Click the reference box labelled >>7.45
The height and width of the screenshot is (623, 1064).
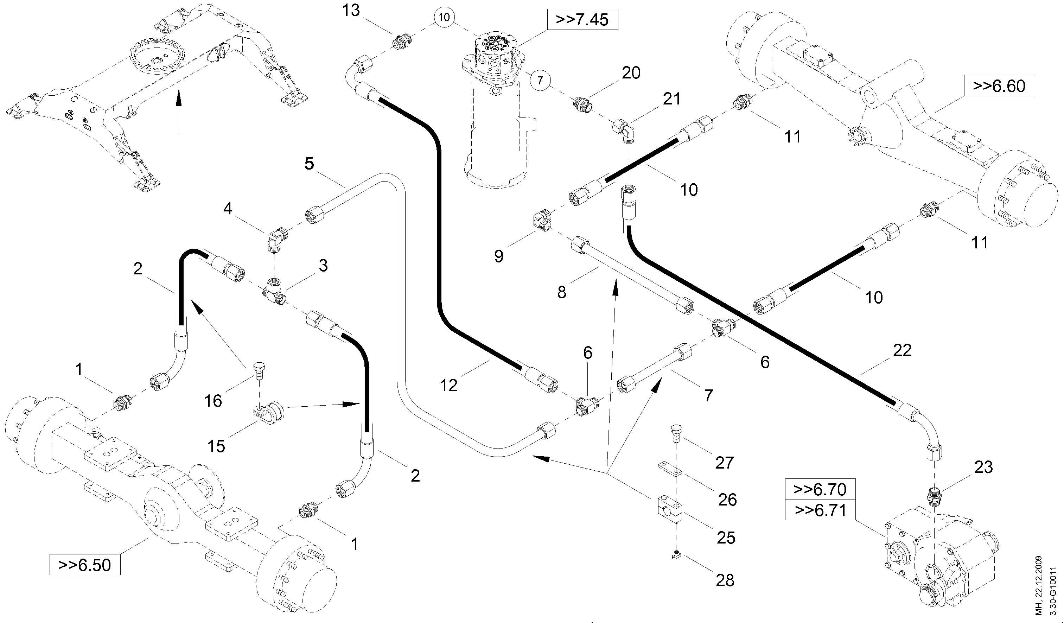[x=582, y=19]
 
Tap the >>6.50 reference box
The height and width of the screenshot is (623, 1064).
[x=85, y=565]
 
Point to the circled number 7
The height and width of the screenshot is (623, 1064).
[x=540, y=80]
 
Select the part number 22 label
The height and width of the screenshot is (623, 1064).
[x=902, y=350]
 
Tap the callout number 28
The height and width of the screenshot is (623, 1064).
[x=725, y=580]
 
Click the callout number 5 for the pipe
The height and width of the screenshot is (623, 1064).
[x=309, y=164]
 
